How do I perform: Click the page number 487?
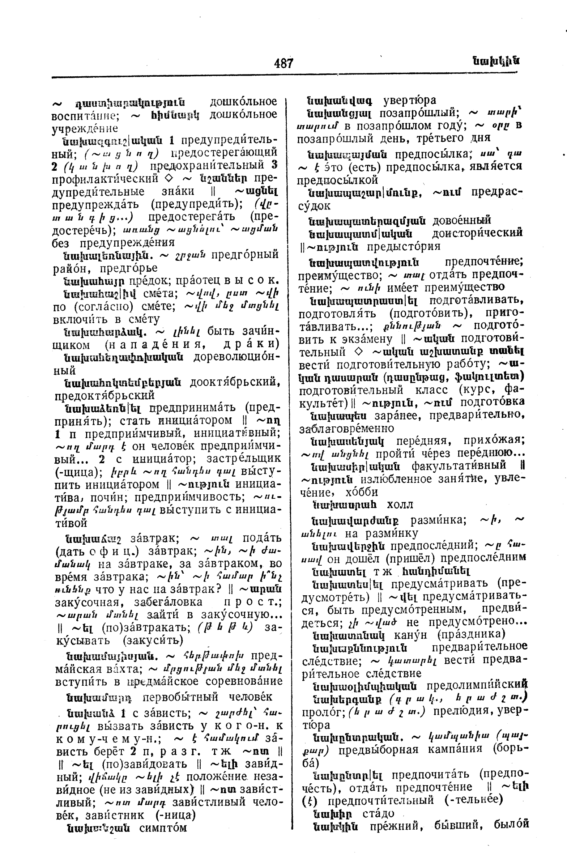click(x=283, y=63)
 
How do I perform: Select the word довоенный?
click(x=462, y=220)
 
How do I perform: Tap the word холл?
click(x=400, y=505)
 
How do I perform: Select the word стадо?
click(x=379, y=813)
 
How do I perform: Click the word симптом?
click(x=163, y=827)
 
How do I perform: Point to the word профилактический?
click(x=105, y=179)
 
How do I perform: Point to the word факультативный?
click(x=459, y=466)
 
